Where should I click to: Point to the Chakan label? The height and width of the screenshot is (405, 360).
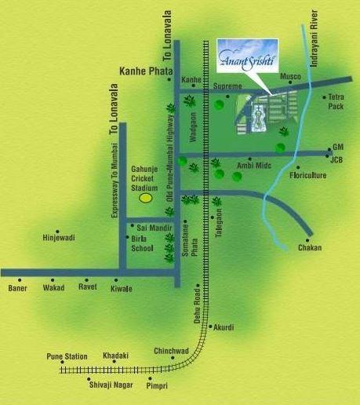[x=310, y=248]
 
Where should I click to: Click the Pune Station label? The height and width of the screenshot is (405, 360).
[x=67, y=356]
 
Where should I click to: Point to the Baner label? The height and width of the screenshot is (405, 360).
[x=17, y=288]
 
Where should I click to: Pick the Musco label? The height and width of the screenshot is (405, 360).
[x=291, y=77]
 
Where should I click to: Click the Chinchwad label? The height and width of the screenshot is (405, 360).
[x=171, y=351]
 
